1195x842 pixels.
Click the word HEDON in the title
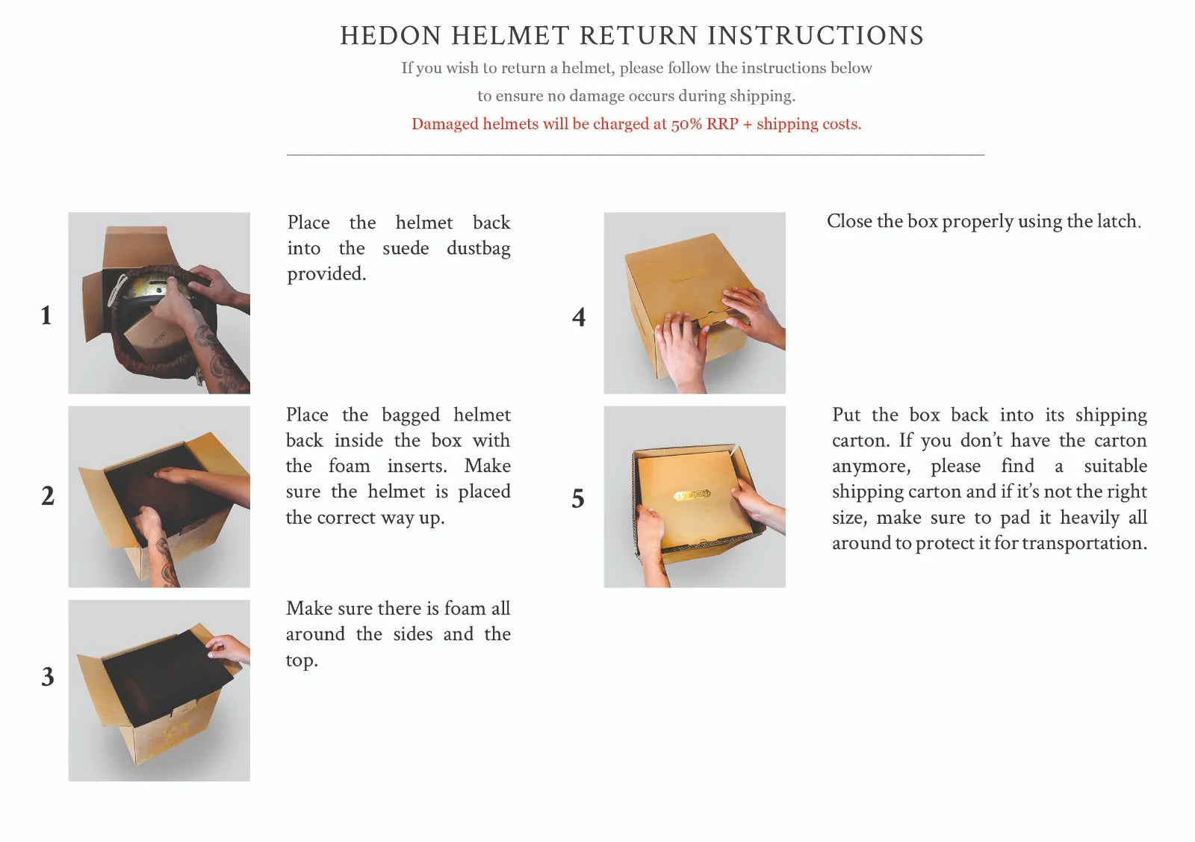391,37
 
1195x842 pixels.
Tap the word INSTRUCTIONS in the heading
816,37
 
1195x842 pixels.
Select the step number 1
46,315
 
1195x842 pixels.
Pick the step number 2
48,495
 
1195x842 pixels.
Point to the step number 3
48,677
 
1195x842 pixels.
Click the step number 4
579,317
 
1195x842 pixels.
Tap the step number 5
578,498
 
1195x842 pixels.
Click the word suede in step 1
406,248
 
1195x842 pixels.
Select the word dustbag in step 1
479,249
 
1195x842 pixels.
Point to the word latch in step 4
1118,221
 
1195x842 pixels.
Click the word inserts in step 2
418,465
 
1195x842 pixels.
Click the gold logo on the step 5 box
692,495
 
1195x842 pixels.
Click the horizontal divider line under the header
636,155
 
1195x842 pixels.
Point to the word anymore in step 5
871,466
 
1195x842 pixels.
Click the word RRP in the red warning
722,124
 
